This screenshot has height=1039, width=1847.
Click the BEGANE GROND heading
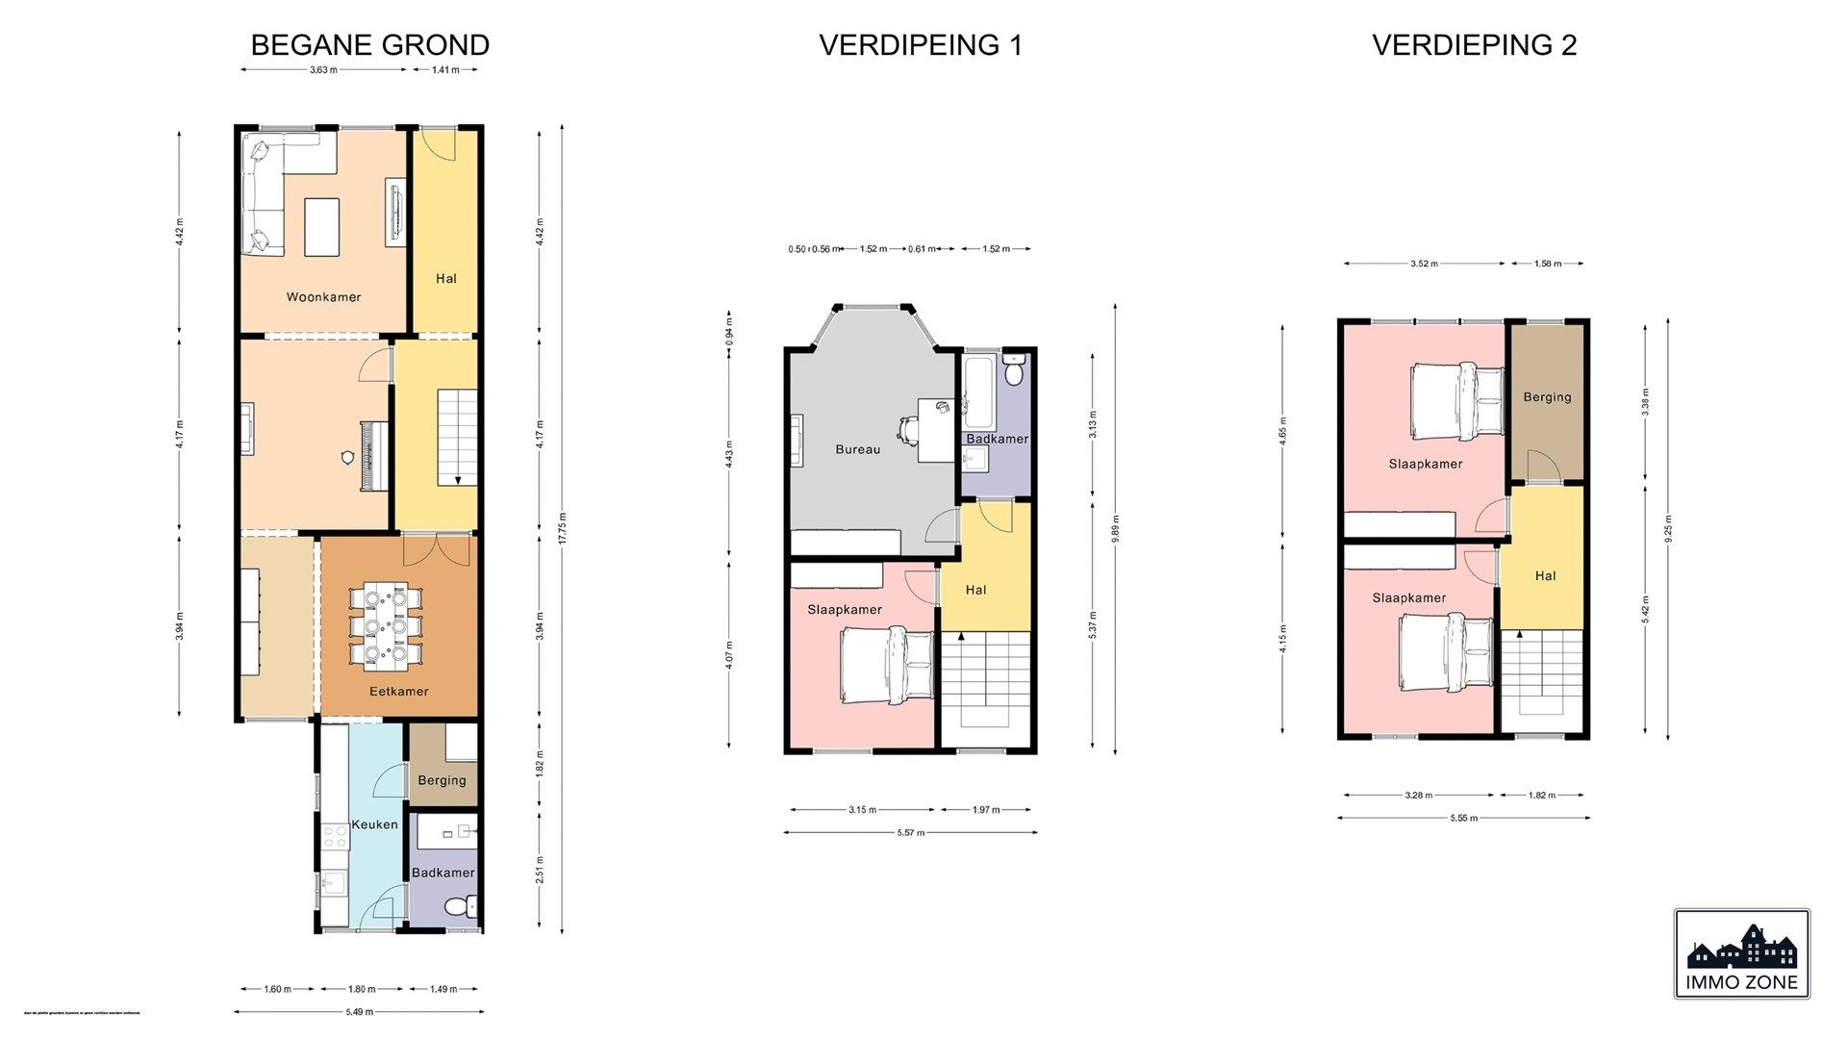[x=369, y=45]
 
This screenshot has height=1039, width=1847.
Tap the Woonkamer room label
[x=323, y=297]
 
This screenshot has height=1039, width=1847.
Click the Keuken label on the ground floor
[x=374, y=824]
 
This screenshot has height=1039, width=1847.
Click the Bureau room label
[x=857, y=449]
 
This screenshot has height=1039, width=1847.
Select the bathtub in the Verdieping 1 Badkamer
[x=979, y=392]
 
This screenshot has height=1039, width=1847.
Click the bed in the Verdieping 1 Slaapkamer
[x=886, y=665]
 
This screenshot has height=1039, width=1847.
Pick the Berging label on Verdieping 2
[x=1547, y=397]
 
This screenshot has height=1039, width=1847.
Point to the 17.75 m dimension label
[x=563, y=528]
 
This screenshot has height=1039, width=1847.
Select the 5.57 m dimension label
[x=910, y=833]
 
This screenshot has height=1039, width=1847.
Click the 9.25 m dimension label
[x=1668, y=528]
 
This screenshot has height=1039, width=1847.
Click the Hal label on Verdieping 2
[x=1545, y=576]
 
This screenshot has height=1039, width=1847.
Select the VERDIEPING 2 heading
[x=1474, y=45]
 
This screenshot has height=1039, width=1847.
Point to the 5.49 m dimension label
[x=359, y=1012]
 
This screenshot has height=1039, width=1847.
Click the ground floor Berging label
[x=442, y=780]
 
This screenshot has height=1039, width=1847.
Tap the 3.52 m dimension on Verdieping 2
[x=1424, y=264]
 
